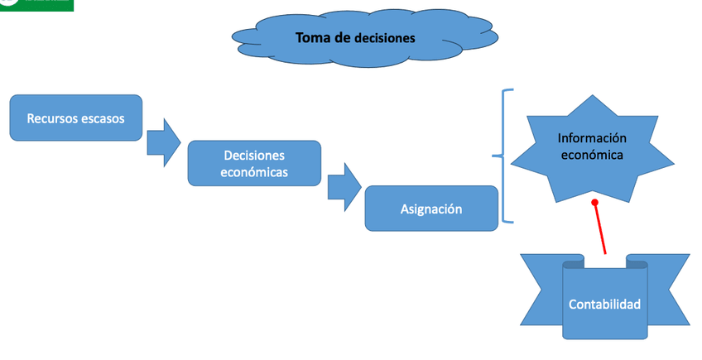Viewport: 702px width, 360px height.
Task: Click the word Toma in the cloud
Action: pyautogui.click(x=313, y=37)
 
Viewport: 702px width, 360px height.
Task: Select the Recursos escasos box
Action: pyautogui.click(x=76, y=118)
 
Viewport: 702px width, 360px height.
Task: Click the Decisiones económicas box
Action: pyautogui.click(x=254, y=163)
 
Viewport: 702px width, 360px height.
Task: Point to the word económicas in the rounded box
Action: pyautogui.click(x=254, y=172)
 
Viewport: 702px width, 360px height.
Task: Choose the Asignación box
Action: pyautogui.click(x=431, y=209)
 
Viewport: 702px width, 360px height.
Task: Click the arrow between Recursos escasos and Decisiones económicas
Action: pyautogui.click(x=163, y=142)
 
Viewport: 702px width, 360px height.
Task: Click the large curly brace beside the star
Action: pyautogui.click(x=503, y=156)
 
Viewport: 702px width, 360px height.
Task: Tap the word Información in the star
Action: pyautogui.click(x=592, y=138)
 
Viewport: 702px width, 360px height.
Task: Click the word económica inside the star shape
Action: pyautogui.click(x=592, y=154)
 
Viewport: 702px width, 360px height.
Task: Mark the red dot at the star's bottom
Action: pyautogui.click(x=594, y=202)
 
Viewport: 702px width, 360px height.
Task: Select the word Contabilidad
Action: pyautogui.click(x=604, y=305)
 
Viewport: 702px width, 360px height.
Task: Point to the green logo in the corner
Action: pyautogui.click(x=36, y=5)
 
